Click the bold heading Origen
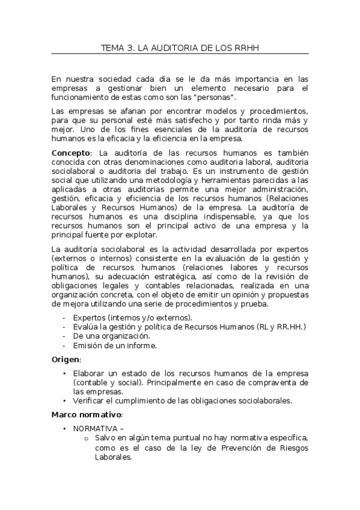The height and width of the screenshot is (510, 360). pos(65,359)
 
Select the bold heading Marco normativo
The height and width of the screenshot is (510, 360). pos(87,414)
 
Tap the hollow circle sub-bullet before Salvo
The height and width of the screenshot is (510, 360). pos(87,438)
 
